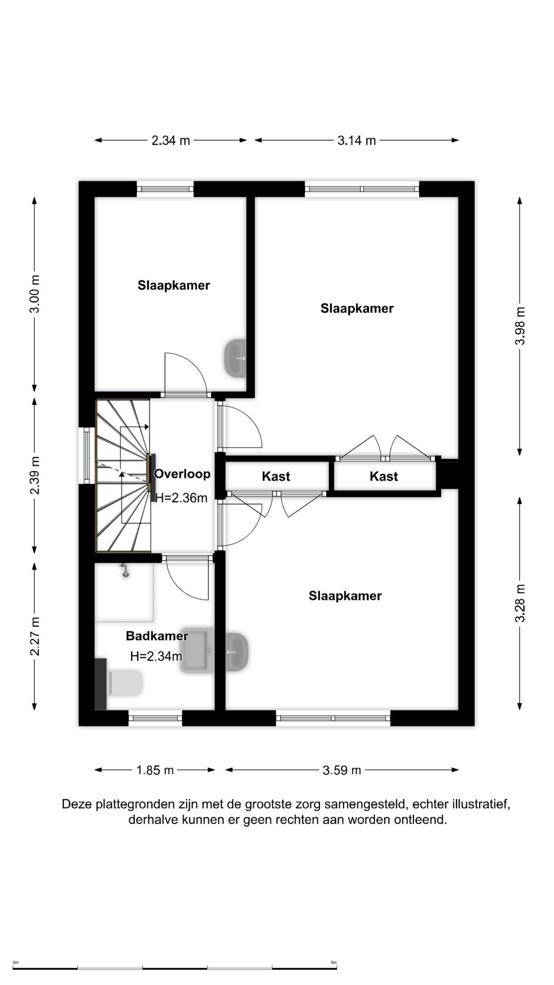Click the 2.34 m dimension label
(x=171, y=141)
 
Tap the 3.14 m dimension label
(x=357, y=141)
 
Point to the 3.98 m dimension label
(x=520, y=326)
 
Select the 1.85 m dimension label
(x=155, y=770)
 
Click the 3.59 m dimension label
(x=342, y=770)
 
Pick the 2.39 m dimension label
(x=34, y=475)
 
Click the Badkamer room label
(x=157, y=636)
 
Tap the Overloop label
(x=182, y=474)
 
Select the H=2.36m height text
(x=181, y=498)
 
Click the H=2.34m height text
(x=156, y=656)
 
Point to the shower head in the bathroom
(x=125, y=570)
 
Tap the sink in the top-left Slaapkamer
(x=235, y=358)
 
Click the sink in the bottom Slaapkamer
(x=238, y=653)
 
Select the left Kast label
(x=276, y=477)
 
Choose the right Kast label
(x=384, y=477)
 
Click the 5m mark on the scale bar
(x=333, y=962)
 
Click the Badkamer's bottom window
(x=155, y=718)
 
